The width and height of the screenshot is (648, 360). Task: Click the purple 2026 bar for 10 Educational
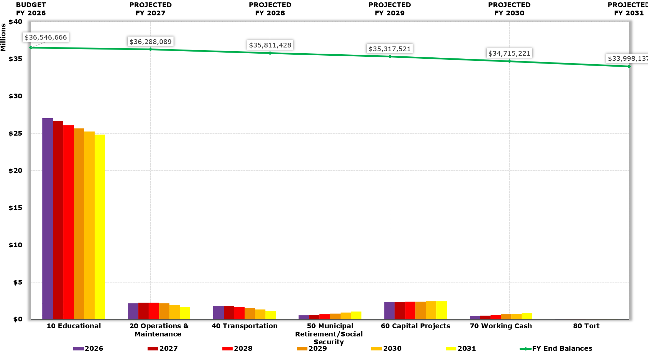[x=47, y=219]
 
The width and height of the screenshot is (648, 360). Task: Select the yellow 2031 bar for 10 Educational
[x=100, y=227]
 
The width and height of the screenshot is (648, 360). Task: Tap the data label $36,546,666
[x=46, y=37]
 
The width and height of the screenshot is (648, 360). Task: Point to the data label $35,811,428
[x=270, y=45]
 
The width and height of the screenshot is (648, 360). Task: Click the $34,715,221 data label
[x=509, y=53]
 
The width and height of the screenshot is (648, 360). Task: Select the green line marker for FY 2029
[x=390, y=56]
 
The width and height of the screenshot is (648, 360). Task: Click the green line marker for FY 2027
[x=150, y=50]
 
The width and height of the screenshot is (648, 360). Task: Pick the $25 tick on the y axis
[x=15, y=133]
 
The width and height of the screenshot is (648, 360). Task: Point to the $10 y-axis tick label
[x=15, y=245]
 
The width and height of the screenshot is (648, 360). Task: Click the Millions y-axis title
[x=3, y=37]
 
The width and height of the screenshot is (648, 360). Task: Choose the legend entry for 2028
[x=237, y=348]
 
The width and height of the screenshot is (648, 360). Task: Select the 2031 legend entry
[x=461, y=348]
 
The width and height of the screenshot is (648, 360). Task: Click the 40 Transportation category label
[x=244, y=326]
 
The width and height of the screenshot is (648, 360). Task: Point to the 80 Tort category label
[x=586, y=326]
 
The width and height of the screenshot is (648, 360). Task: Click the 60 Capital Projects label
[x=415, y=326]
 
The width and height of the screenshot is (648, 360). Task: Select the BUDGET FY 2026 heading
[x=31, y=9]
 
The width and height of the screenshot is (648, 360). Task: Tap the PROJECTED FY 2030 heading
[x=509, y=9]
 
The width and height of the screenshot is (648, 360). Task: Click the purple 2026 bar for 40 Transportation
[x=218, y=313]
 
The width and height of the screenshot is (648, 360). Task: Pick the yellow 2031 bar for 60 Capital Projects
[x=441, y=310]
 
